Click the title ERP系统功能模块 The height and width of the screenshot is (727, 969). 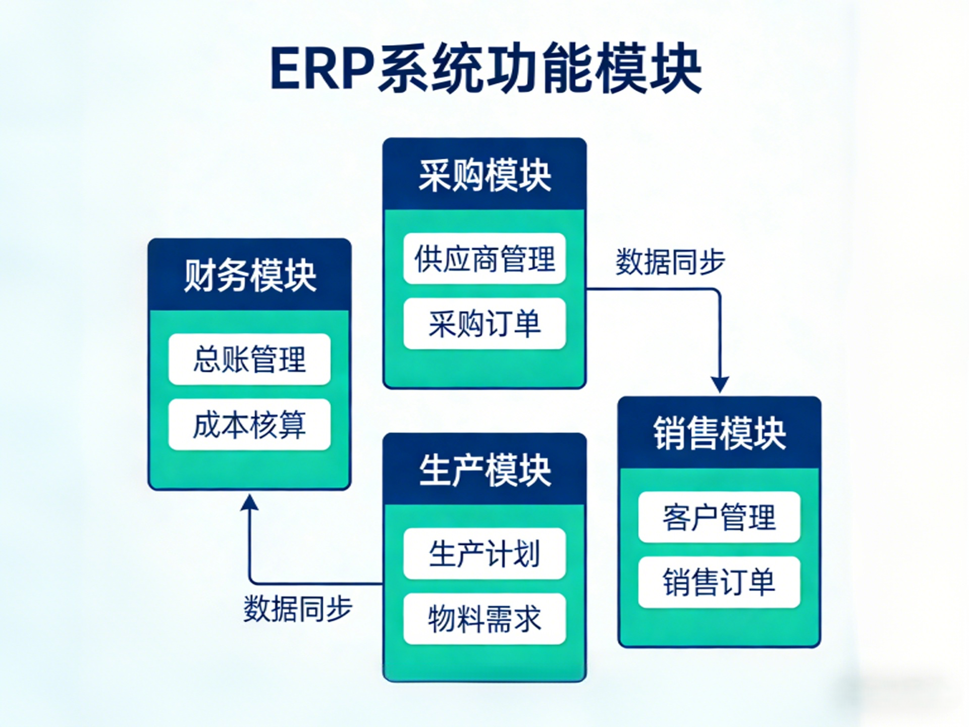click(x=486, y=69)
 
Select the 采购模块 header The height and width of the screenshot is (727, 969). click(x=484, y=175)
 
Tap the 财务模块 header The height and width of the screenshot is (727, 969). click(x=250, y=276)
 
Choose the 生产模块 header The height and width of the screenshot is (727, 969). click(x=484, y=470)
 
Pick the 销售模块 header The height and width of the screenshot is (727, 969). click(x=720, y=433)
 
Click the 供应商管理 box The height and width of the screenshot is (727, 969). click(x=484, y=258)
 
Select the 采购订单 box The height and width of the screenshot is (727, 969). click(x=484, y=324)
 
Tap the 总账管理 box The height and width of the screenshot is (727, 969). click(x=250, y=359)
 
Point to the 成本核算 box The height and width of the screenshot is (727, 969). click(x=250, y=425)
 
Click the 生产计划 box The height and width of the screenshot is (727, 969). click(x=484, y=553)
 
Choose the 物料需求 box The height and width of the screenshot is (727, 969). click(x=484, y=618)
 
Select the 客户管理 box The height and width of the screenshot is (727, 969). click(x=720, y=517)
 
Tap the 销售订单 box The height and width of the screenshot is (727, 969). click(x=720, y=582)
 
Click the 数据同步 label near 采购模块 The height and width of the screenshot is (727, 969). click(x=670, y=262)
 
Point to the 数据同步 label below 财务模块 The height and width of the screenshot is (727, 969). click(x=298, y=608)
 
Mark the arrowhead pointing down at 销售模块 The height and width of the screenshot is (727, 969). click(x=720, y=385)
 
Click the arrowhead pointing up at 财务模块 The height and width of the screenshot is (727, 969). click(x=249, y=502)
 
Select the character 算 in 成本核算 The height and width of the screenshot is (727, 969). click(x=292, y=425)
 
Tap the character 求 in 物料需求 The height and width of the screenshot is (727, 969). click(x=527, y=618)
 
